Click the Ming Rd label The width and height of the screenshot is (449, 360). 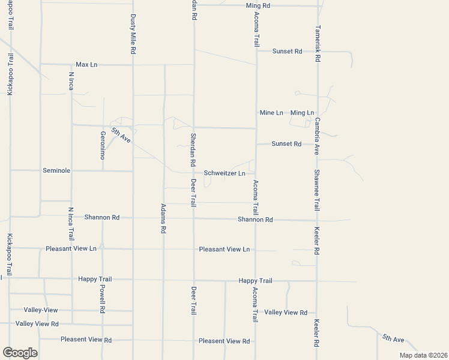click(259, 5)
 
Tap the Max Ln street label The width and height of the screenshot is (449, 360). click(86, 64)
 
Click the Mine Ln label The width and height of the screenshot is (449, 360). click(271, 113)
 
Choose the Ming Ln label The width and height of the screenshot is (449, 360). click(302, 113)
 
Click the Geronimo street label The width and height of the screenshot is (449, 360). click(102, 145)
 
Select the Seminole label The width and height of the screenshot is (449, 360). click(56, 170)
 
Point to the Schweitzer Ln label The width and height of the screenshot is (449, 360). click(224, 173)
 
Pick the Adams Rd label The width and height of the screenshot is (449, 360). click(163, 217)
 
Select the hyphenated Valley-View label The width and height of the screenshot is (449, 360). click(41, 310)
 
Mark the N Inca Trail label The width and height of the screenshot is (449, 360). click(71, 224)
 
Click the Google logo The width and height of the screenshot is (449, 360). click(20, 352)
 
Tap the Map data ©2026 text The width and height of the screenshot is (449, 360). click(423, 355)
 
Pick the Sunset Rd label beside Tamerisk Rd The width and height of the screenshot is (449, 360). click(287, 52)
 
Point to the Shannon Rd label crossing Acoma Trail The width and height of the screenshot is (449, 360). click(255, 220)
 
